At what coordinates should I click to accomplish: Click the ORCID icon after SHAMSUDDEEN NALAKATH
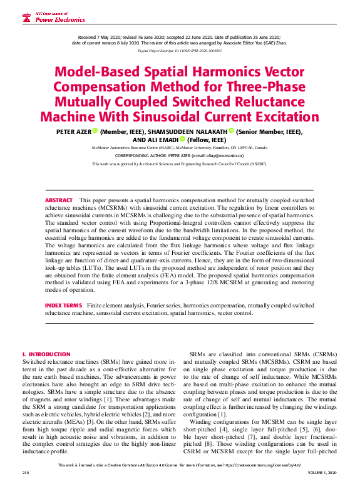tap(231, 131)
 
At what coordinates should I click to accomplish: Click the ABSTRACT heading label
tap(59, 198)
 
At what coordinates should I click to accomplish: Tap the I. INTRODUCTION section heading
tap(46, 354)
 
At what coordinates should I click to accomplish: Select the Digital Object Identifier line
tap(180, 50)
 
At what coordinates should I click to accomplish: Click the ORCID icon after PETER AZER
tap(95, 131)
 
